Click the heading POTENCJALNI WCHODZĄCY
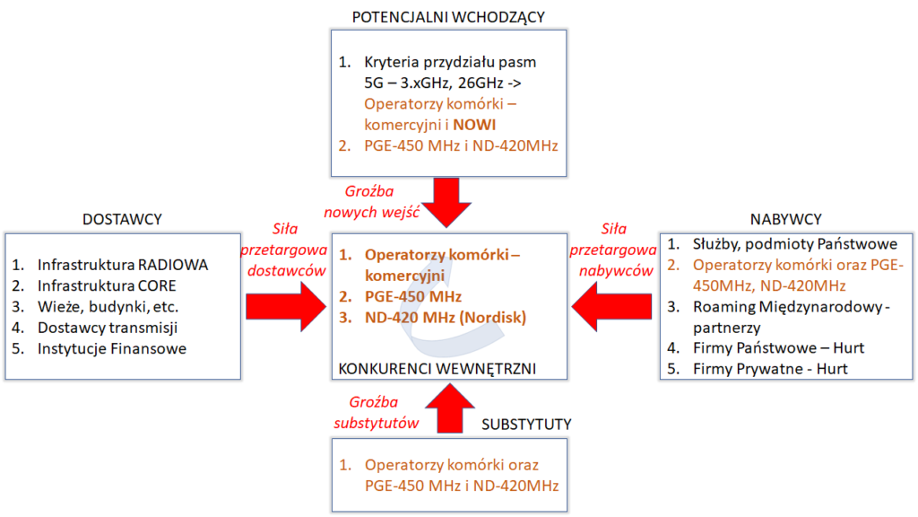pyautogui.click(x=449, y=16)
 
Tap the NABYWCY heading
pyautogui.click(x=785, y=219)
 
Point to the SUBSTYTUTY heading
pyautogui.click(x=527, y=423)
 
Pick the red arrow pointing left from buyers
pyautogui.click(x=614, y=303)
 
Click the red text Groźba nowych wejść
pyautogui.click(x=369, y=200)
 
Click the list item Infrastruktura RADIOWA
pyautogui.click(x=122, y=266)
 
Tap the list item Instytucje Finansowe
pyautogui.click(x=112, y=348)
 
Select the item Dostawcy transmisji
pyautogui.click(x=107, y=328)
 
